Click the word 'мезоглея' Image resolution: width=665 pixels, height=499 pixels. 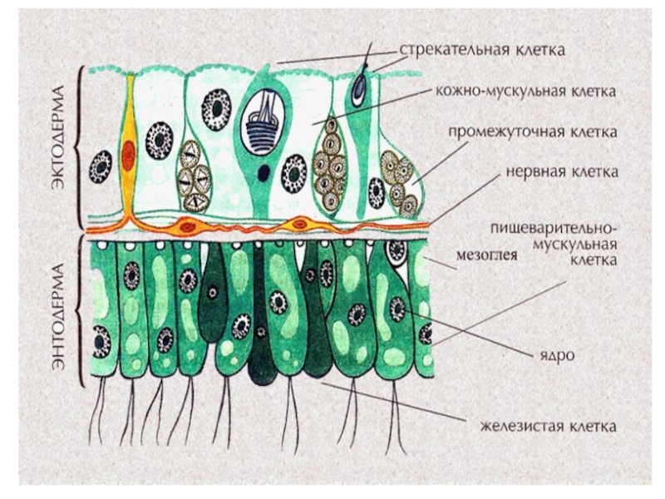(488, 257)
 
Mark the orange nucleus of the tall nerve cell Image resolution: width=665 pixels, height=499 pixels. (127, 154)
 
